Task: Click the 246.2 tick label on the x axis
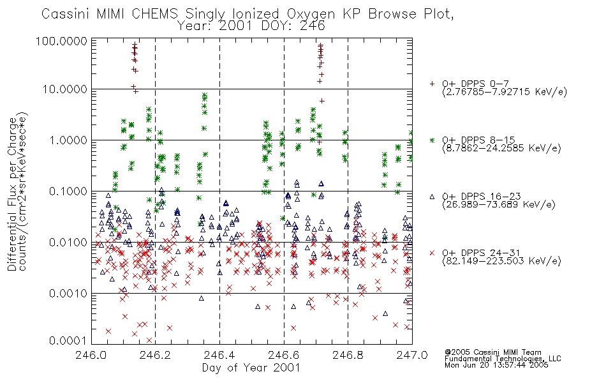156,355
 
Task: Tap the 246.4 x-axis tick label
219,355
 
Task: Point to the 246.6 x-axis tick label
284,355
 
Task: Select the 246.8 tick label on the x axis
348,355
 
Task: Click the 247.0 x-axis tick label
412,355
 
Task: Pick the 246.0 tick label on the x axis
92,355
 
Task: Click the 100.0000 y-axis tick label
62,41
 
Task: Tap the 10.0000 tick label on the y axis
65,89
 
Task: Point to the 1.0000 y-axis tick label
68,140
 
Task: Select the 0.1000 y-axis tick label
68,191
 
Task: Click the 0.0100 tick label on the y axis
68,243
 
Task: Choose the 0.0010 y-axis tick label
68,294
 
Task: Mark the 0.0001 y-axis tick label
68,341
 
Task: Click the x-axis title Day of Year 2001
251,368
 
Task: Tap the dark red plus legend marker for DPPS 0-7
432,84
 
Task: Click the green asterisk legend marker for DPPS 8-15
432,140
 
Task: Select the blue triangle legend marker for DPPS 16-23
432,197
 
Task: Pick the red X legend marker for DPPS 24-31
432,253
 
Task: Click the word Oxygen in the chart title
311,14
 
